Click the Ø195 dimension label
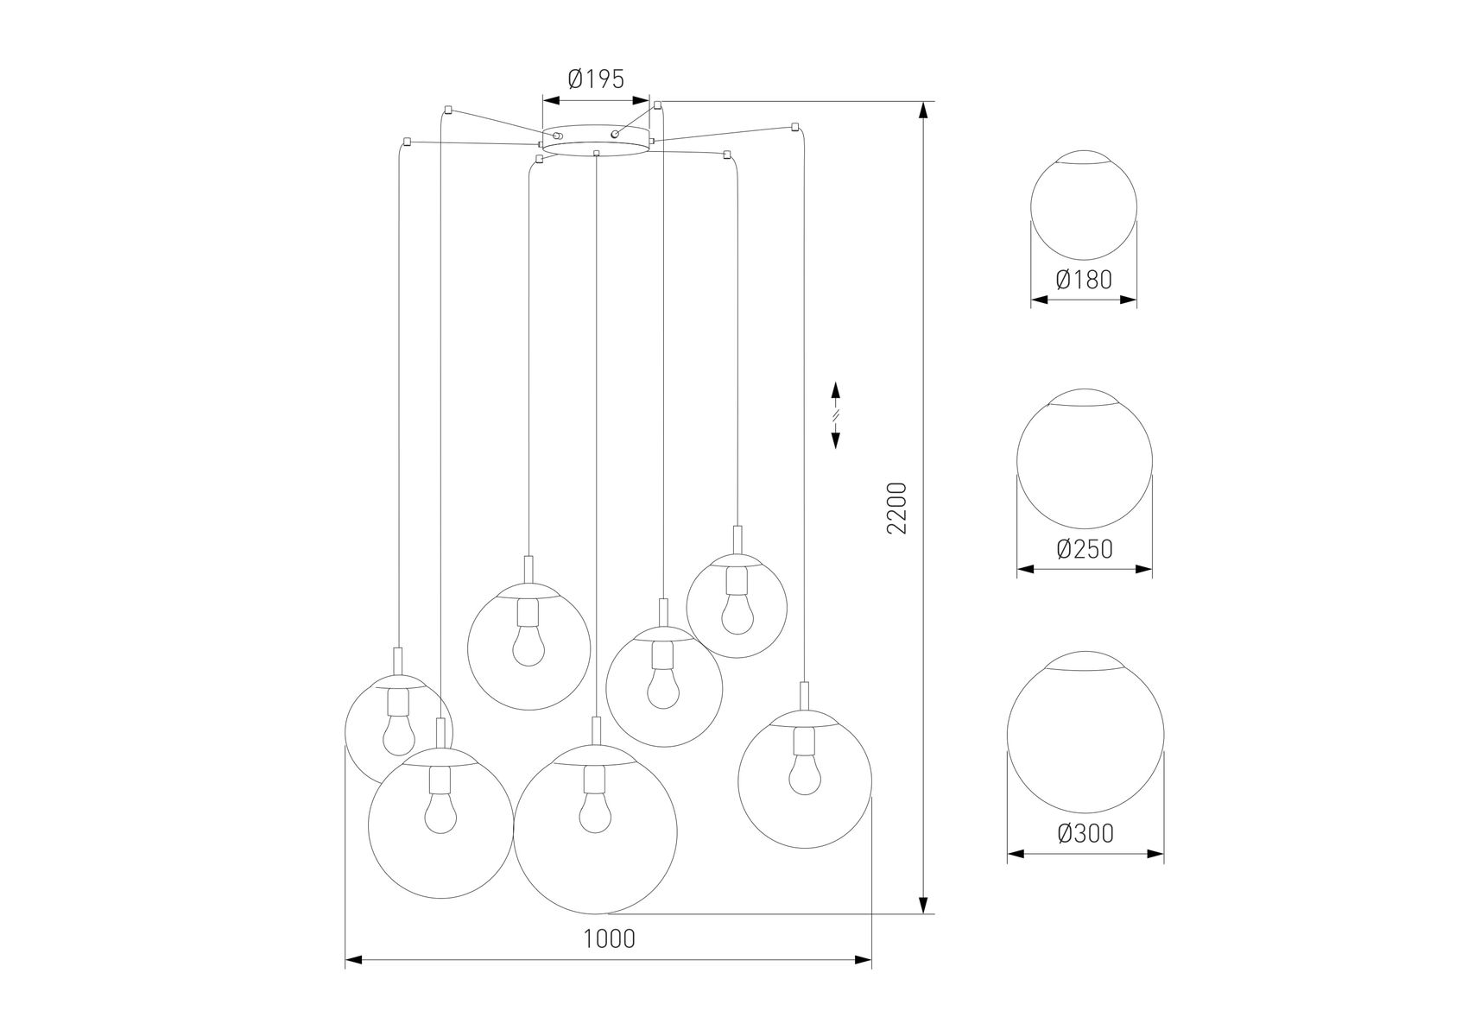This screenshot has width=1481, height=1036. (x=595, y=80)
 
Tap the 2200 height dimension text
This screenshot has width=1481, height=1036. (x=897, y=508)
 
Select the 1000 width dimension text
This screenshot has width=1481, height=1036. (x=609, y=938)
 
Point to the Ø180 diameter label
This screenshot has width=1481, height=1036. (x=1084, y=280)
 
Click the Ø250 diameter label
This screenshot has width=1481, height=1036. (x=1084, y=548)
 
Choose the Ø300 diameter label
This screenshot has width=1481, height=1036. (x=1085, y=833)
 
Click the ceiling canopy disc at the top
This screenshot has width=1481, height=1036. (x=596, y=139)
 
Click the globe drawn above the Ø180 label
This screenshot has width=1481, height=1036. (x=1084, y=207)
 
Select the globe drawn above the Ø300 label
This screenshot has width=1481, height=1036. (x=1085, y=732)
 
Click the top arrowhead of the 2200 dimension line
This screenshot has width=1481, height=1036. (x=924, y=110)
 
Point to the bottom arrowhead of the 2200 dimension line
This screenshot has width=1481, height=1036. (x=924, y=905)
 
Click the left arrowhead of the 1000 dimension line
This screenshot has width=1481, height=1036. (x=353, y=959)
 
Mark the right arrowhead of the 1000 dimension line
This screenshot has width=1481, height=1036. (x=863, y=959)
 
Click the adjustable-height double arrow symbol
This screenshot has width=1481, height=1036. (x=835, y=415)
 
